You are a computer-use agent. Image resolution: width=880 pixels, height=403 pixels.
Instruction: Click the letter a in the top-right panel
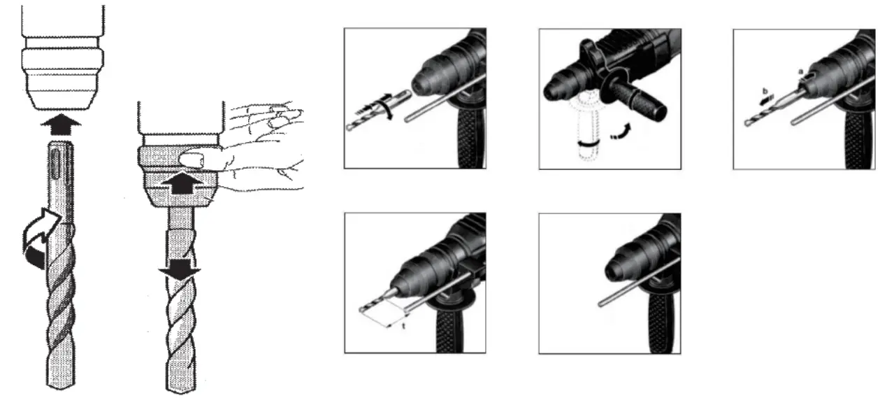click(x=800, y=71)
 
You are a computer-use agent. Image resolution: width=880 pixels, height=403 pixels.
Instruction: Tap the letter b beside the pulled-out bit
click(x=765, y=92)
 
